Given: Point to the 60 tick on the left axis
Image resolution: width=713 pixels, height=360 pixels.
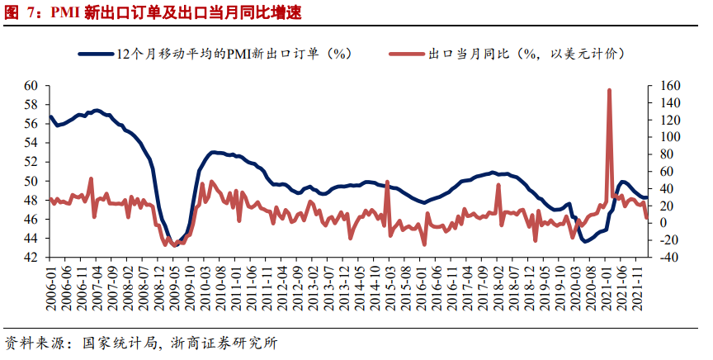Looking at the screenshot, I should (x=31, y=85).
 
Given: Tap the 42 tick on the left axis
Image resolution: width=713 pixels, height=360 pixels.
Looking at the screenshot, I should (x=31, y=258).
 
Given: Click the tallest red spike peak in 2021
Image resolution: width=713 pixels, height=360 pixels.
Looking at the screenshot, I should (x=609, y=90).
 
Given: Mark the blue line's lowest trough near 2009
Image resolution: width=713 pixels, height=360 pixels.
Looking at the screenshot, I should (x=175, y=244).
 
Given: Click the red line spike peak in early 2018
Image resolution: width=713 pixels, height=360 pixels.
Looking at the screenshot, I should (x=498, y=185).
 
